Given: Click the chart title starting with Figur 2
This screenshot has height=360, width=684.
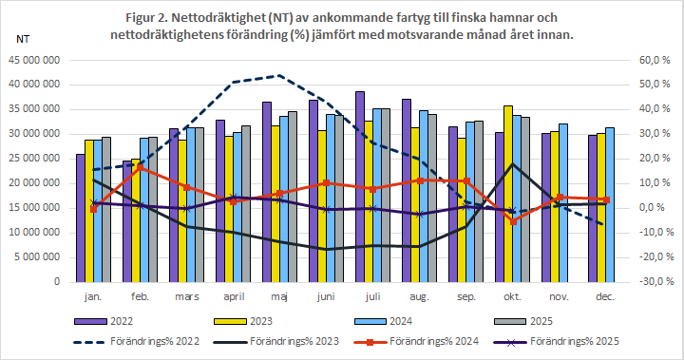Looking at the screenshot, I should click(x=341, y=26).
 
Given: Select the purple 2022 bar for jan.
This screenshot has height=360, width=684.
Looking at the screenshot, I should click(x=81, y=218).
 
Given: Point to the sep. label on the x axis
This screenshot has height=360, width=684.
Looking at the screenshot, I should click(x=465, y=298).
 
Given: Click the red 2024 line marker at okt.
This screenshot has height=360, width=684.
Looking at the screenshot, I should click(x=514, y=221).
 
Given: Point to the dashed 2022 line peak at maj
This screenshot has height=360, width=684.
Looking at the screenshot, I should click(x=277, y=75).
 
